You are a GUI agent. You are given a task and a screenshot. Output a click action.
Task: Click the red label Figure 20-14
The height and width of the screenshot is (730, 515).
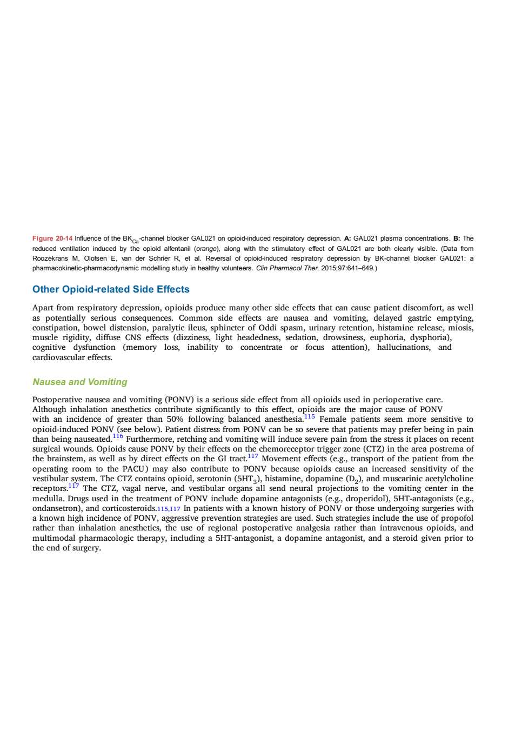coord(52,238)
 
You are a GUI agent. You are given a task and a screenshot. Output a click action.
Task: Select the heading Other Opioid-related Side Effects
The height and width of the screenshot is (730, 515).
coord(111,289)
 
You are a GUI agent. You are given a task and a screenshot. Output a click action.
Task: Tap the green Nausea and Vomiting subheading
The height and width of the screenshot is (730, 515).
coord(80,382)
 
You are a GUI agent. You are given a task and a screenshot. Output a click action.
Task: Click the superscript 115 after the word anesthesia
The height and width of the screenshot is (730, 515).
coord(310,416)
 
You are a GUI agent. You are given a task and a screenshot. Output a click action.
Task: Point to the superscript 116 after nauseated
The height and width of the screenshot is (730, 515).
coord(118,436)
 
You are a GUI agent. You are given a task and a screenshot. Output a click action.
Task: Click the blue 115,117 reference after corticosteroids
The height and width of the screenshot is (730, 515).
coord(169,509)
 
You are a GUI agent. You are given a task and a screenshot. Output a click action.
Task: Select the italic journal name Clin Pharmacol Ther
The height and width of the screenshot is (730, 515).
coord(287,268)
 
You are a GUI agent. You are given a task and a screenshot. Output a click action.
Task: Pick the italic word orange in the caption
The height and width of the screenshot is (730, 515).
coord(206,249)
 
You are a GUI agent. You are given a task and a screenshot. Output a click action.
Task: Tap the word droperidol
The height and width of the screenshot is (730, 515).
coord(367,499)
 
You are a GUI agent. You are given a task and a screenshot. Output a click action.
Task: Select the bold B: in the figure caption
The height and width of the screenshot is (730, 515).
coord(457,238)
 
